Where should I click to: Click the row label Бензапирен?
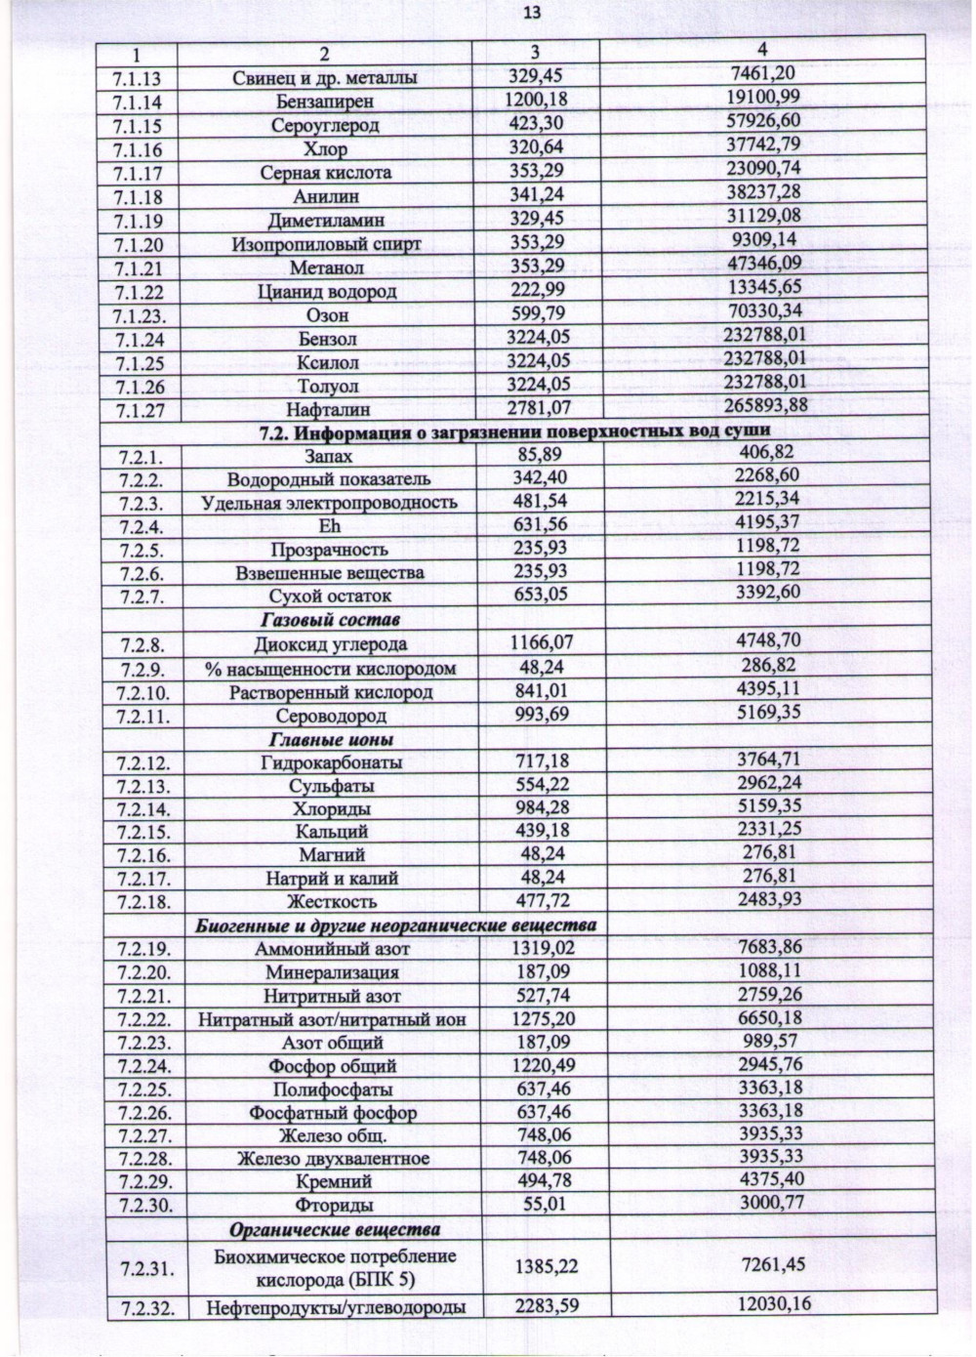coord(325,102)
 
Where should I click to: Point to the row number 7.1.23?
coord(140,315)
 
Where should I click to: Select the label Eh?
coord(329,526)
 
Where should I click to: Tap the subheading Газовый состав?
coord(330,620)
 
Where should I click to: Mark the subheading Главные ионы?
coord(330,740)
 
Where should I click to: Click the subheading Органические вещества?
coord(334,1229)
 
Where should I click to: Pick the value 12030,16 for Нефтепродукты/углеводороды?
coord(773,1302)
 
